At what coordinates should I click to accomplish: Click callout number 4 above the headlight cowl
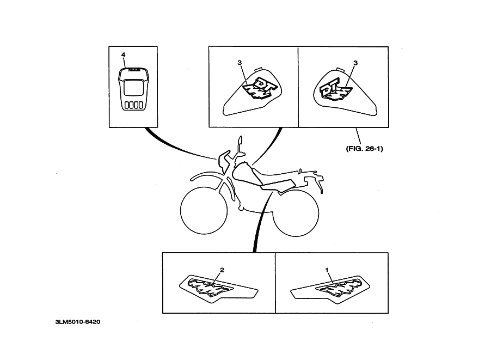coord(123,55)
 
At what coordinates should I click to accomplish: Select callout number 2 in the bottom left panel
coord(222,270)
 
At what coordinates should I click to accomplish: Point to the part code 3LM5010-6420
coord(77,321)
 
